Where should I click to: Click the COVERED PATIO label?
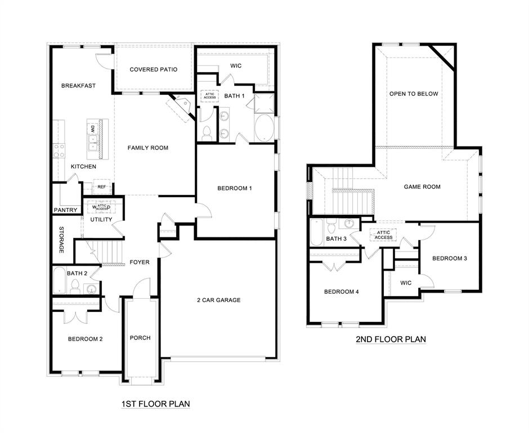(153, 69)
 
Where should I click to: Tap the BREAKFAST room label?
(78, 86)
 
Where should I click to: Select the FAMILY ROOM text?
(147, 148)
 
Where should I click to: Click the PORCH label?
(140, 338)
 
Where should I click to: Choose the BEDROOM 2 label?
(85, 339)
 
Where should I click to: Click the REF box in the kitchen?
(102, 187)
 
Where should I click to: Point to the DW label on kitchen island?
(92, 129)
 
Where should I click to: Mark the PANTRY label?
(65, 210)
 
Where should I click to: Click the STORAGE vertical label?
(61, 240)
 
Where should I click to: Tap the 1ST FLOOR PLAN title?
(156, 404)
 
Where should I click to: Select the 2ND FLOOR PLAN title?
(391, 339)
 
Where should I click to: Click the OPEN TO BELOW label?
(413, 94)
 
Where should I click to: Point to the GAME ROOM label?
(422, 187)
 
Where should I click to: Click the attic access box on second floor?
(384, 235)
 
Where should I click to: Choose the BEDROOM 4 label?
(341, 291)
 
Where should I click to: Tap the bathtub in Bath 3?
(316, 232)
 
